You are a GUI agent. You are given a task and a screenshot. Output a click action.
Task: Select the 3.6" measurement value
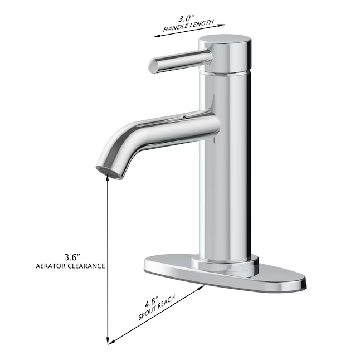click(72, 256)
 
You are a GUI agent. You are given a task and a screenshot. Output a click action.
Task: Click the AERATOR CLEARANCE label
click(70, 266)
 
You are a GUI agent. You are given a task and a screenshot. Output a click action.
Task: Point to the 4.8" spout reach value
click(151, 303)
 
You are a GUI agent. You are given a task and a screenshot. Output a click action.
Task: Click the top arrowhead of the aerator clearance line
click(108, 184)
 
